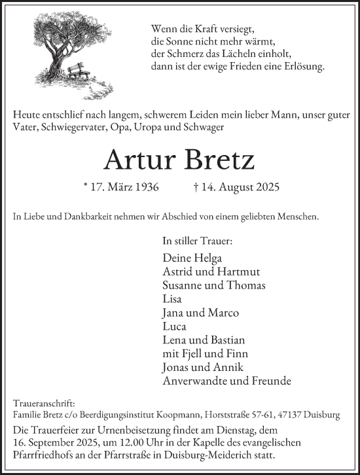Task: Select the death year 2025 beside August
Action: coord(268,188)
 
